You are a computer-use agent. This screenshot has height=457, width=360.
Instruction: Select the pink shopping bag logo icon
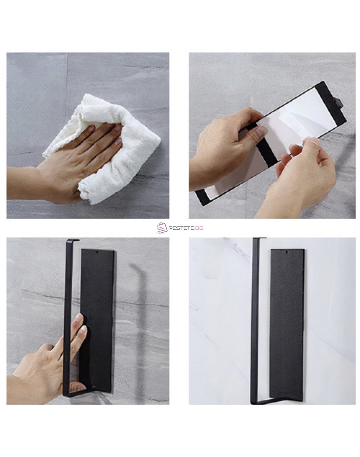(x=162, y=228)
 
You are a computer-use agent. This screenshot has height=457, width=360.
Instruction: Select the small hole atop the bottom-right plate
(x=287, y=251)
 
